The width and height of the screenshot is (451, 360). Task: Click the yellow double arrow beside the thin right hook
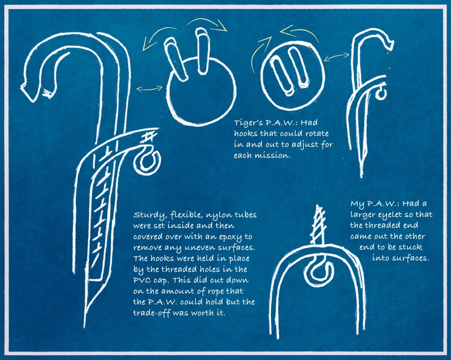[336, 57]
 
